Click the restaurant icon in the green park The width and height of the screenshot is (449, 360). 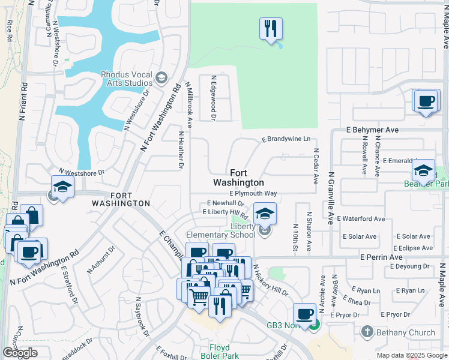tap(271, 28)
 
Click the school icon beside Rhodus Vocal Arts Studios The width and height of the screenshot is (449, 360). tap(161, 78)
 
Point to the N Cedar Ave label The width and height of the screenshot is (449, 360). tap(315, 166)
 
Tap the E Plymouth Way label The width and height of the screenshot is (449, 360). tap(253, 194)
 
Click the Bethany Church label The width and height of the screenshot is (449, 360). tap(405, 332)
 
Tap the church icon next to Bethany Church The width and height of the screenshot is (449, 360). tap(367, 331)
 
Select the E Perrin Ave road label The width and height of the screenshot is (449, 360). tap(381, 257)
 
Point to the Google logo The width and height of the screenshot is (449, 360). tap(20, 353)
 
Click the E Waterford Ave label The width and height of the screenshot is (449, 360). tap(361, 219)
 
